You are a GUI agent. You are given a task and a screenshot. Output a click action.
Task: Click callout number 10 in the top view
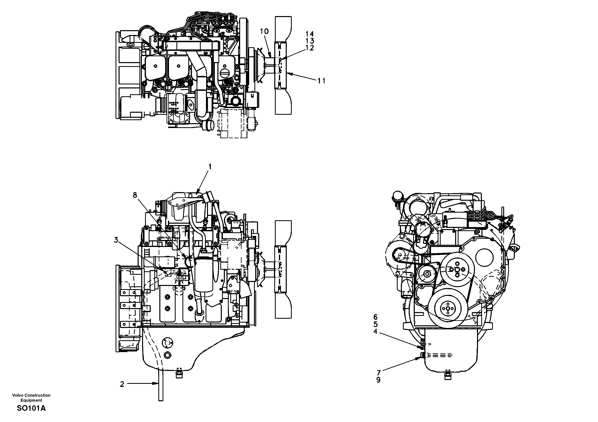pyautogui.click(x=264, y=32)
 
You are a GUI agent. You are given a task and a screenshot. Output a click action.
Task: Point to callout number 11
pyautogui.click(x=321, y=81)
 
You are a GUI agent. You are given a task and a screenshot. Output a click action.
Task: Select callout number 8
pyautogui.click(x=135, y=195)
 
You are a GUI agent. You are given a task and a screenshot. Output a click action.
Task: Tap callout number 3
pyautogui.click(x=116, y=240)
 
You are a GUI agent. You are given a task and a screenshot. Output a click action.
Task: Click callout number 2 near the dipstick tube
pyautogui.click(x=122, y=384)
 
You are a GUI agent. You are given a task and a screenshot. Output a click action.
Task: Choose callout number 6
pyautogui.click(x=375, y=317)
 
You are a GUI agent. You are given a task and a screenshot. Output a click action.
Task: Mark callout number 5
pyautogui.click(x=375, y=324)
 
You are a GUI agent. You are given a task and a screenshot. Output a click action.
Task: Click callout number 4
pyautogui.click(x=375, y=332)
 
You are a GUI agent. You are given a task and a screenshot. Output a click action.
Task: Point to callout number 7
pyautogui.click(x=378, y=373)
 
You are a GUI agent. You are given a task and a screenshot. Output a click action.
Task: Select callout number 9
pyautogui.click(x=378, y=380)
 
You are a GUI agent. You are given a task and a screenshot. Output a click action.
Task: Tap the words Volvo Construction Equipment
pyautogui.click(x=31, y=398)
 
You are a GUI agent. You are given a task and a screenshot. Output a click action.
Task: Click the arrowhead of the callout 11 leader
pyautogui.click(x=288, y=74)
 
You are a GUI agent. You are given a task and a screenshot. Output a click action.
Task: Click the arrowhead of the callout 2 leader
pyautogui.click(x=157, y=383)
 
